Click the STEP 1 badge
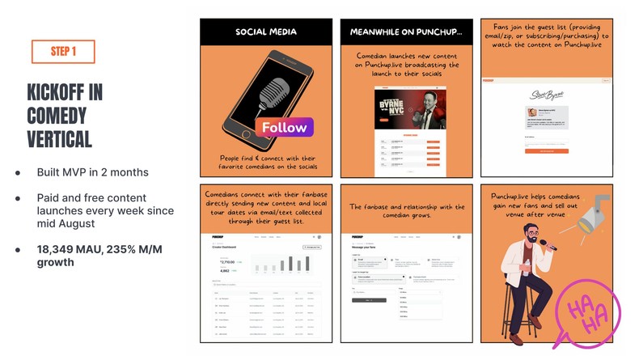pyautogui.click(x=63, y=51)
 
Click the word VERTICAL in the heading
pyautogui.click(x=58, y=138)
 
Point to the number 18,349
pyautogui.click(x=57, y=248)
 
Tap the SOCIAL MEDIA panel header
pyautogui.click(x=266, y=32)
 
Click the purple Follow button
pyautogui.click(x=284, y=127)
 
